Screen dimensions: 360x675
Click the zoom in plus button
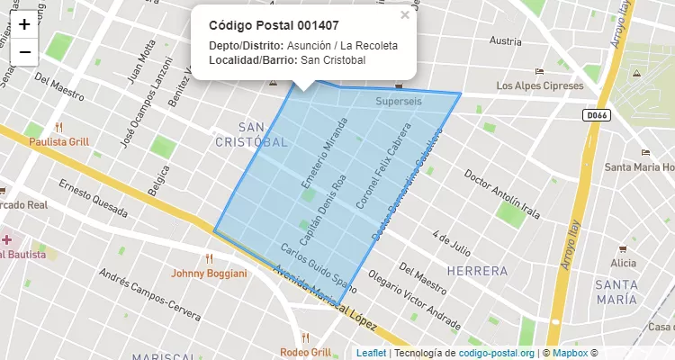tap(24, 24)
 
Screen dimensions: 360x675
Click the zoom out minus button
tap(24, 51)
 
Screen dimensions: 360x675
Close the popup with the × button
tap(405, 15)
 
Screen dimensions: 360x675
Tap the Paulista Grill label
tap(59, 141)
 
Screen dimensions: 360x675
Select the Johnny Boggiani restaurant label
tap(209, 273)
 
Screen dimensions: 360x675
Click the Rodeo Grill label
tap(305, 351)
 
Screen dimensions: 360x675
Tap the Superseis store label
tap(399, 102)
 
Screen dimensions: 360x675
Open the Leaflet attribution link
tap(371, 353)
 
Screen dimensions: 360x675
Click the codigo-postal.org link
tap(497, 353)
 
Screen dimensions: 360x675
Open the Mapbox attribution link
tap(570, 353)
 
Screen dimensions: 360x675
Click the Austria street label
tap(505, 41)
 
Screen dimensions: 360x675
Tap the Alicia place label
tap(623, 263)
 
